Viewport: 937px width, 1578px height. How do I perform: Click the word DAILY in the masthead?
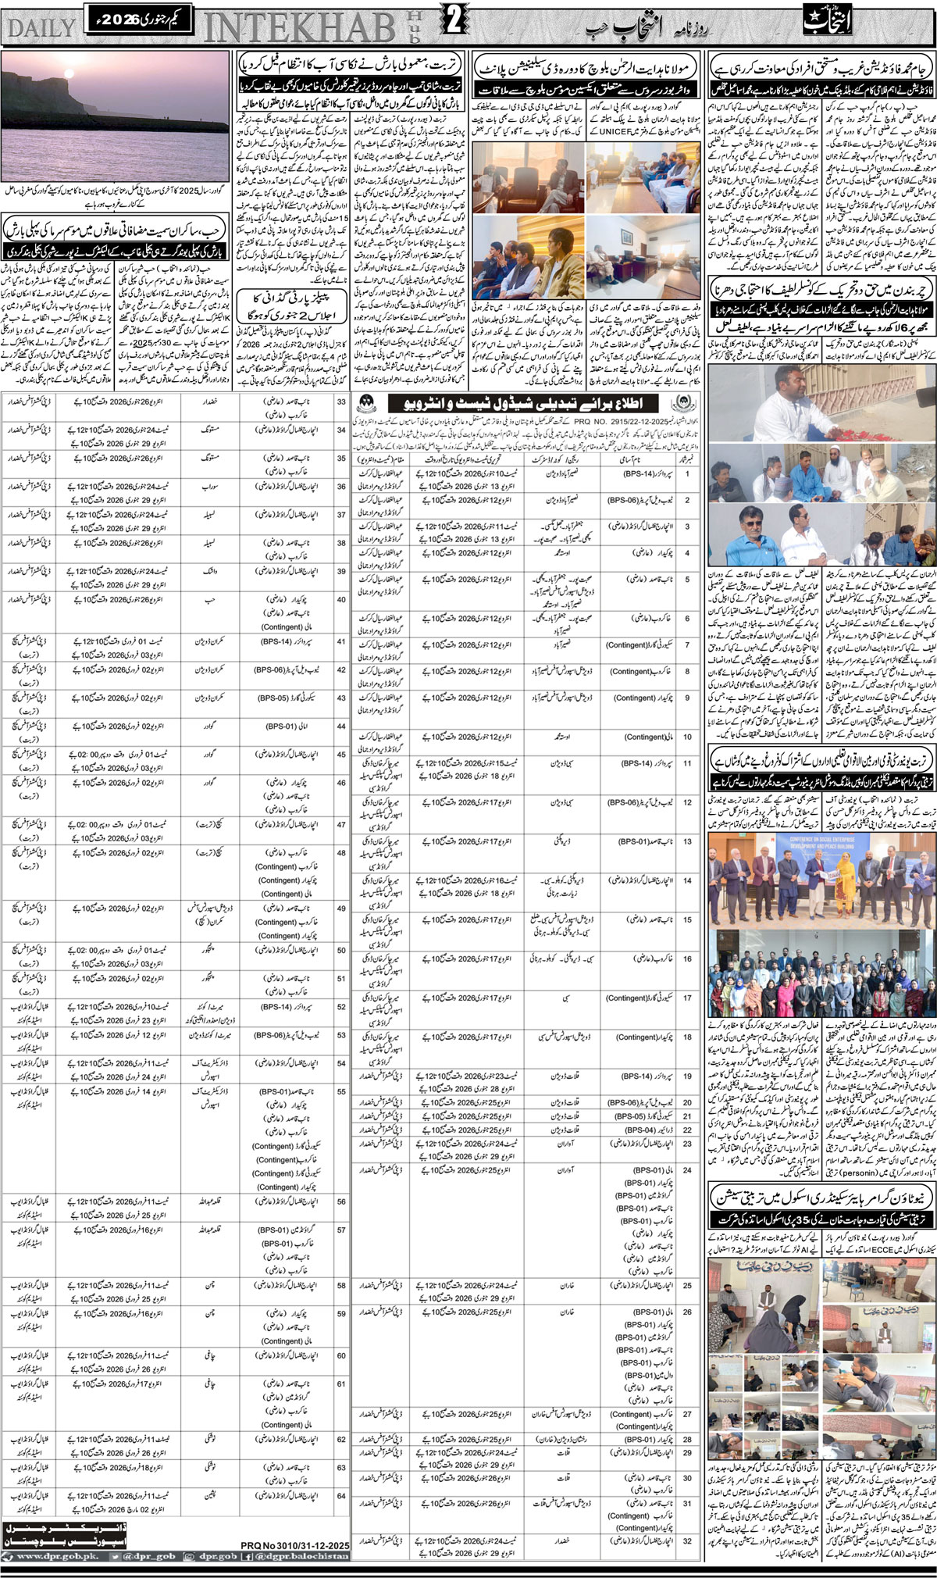[x=41, y=27]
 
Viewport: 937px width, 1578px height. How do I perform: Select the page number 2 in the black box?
[x=453, y=23]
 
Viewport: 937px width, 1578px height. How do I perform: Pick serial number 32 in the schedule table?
[x=687, y=1541]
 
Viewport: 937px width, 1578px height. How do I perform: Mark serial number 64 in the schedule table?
[x=341, y=1496]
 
